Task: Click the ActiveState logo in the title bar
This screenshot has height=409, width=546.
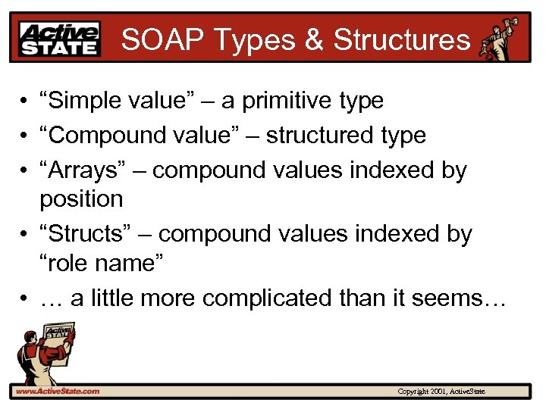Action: [60, 39]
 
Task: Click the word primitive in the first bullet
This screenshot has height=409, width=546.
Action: [297, 101]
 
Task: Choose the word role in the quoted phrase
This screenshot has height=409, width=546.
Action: [68, 264]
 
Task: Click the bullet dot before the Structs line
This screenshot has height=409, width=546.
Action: [25, 235]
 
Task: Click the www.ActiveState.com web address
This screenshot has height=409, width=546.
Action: [56, 391]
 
